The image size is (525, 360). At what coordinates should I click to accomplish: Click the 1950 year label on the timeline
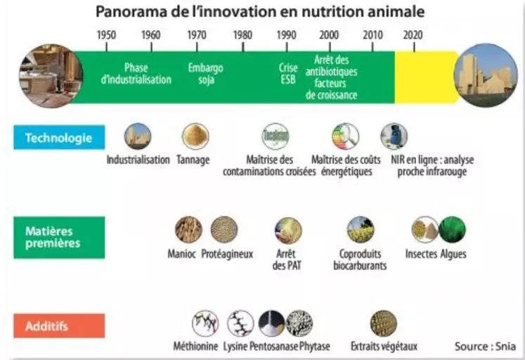(x=106, y=35)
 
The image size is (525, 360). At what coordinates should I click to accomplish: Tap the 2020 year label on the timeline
(x=413, y=35)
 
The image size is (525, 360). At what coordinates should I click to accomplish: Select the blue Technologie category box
(x=59, y=137)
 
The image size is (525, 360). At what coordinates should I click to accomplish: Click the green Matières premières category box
(x=59, y=238)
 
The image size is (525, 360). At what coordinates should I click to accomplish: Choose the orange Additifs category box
(x=59, y=326)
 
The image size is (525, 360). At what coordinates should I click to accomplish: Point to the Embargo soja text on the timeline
(x=206, y=74)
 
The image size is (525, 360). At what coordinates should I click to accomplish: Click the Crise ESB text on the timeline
(x=288, y=74)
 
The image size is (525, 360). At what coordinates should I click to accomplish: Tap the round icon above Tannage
(x=195, y=136)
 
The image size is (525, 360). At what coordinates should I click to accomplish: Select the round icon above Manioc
(x=188, y=230)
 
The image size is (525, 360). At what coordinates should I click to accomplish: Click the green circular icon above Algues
(x=452, y=230)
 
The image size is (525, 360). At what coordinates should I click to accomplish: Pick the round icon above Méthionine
(x=205, y=323)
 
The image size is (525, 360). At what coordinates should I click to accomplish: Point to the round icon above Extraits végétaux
(x=383, y=323)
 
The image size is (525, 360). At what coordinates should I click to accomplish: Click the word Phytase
(x=314, y=346)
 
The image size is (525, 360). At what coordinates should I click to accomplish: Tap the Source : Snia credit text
(x=485, y=346)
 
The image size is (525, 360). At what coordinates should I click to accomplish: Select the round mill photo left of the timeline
(x=51, y=76)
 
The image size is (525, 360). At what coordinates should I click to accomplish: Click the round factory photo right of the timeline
(x=486, y=75)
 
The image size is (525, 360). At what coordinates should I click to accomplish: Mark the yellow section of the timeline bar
(x=426, y=77)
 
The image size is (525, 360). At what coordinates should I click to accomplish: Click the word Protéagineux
(x=227, y=254)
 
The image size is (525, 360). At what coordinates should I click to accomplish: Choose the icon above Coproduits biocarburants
(x=361, y=230)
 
